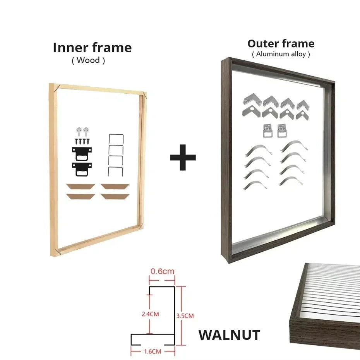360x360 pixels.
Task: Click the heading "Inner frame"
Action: click(x=92, y=48)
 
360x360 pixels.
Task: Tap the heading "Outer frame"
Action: click(x=281, y=43)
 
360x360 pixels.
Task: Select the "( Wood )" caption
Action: click(x=88, y=60)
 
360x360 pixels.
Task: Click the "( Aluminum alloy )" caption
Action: click(x=281, y=54)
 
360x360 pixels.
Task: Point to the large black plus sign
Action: click(x=183, y=157)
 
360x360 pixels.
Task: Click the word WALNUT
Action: click(x=229, y=335)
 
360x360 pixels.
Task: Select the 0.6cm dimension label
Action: click(x=162, y=271)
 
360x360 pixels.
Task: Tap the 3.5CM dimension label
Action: click(x=185, y=315)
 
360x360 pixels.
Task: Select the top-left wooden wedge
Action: click(x=81, y=186)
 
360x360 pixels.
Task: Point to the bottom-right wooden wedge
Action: click(x=115, y=196)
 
